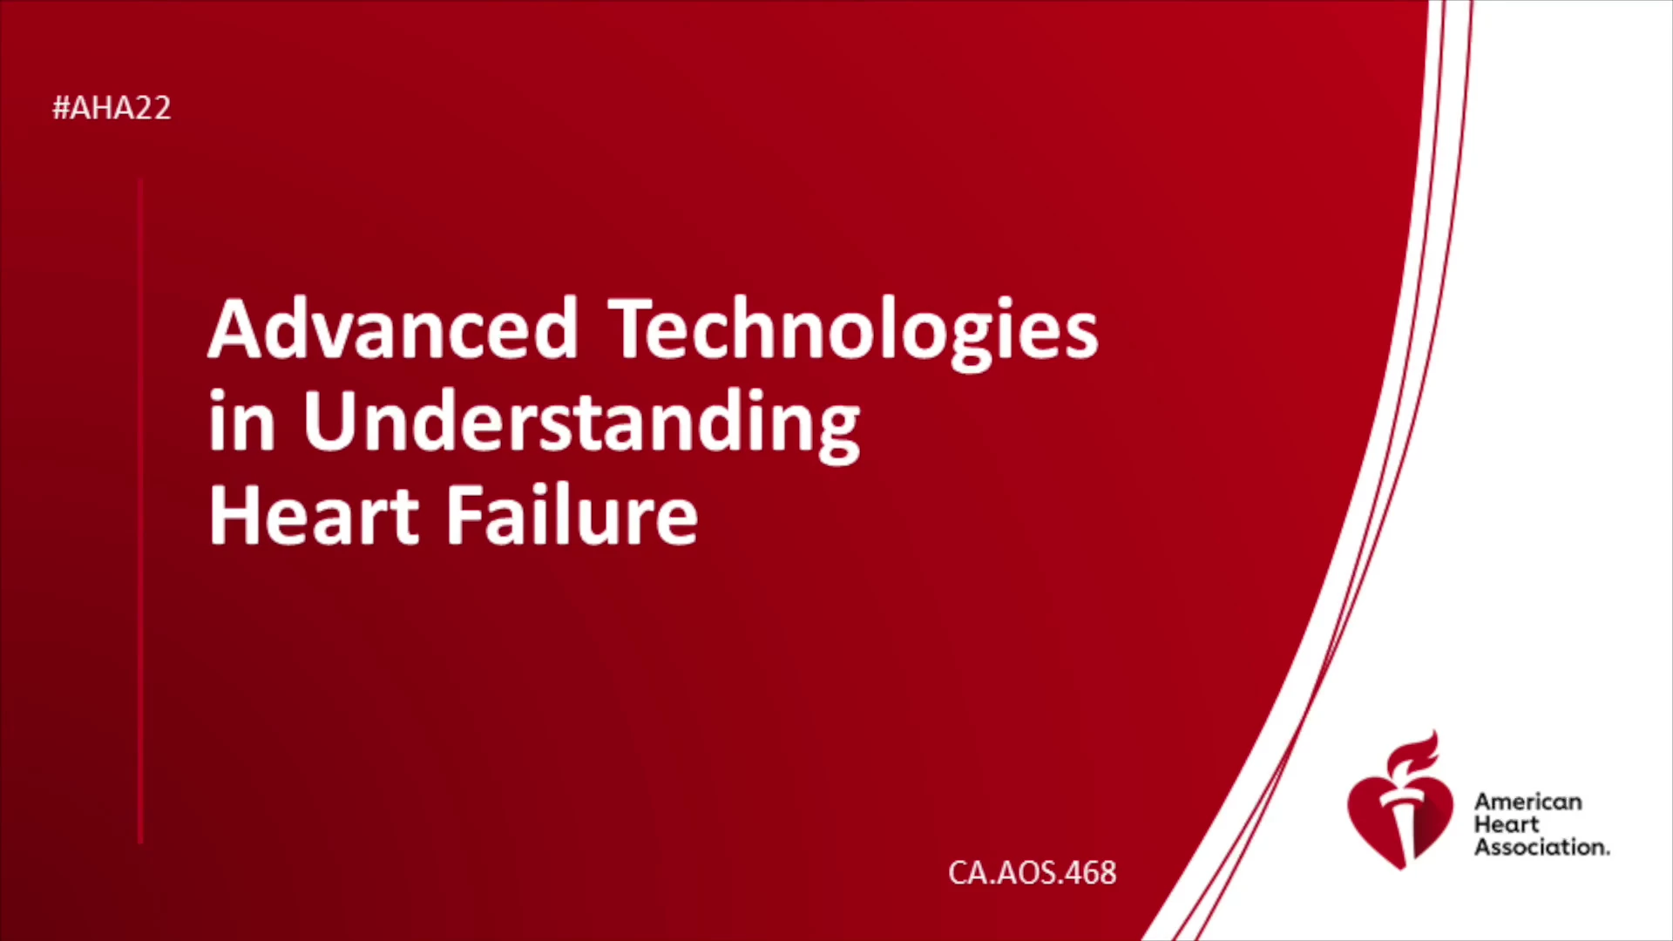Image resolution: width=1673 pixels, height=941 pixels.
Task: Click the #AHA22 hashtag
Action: (x=112, y=108)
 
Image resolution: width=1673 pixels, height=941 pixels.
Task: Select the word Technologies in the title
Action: (x=853, y=334)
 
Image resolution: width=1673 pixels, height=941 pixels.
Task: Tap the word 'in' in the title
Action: (x=241, y=421)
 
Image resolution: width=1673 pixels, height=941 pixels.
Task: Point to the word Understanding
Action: (x=582, y=426)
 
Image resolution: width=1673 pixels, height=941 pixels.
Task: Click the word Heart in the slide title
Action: (x=315, y=515)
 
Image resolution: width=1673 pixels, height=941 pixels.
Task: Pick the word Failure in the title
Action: (x=572, y=515)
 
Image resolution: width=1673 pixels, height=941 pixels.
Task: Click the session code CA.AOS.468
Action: (x=1033, y=873)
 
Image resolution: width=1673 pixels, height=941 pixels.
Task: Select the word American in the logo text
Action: (x=1528, y=802)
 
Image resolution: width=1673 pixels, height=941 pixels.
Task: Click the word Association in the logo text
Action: (x=1541, y=847)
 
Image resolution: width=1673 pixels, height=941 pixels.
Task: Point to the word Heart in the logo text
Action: (x=1507, y=824)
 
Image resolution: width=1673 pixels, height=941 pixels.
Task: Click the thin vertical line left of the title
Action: (x=140, y=511)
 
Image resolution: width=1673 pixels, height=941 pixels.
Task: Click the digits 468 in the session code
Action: (x=1090, y=873)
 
